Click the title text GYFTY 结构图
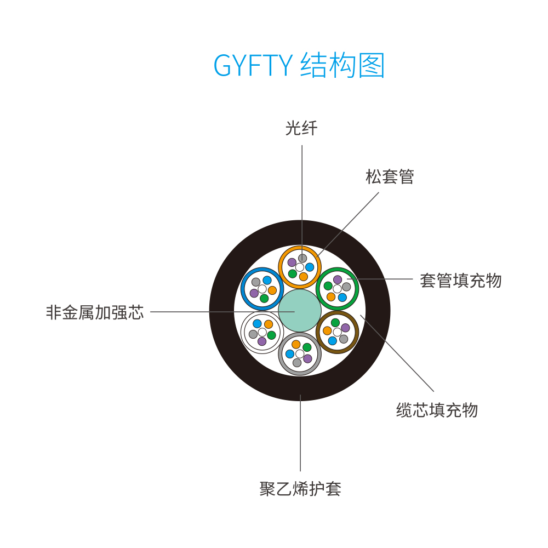coord(299,65)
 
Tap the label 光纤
coord(301,128)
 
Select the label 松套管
coord(390,176)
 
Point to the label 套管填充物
coord(461,281)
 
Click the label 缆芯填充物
coord(437,410)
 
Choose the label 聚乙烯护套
coord(300,489)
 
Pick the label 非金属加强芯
coord(95,312)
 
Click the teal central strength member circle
coord(300,311)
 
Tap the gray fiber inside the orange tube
coord(302,258)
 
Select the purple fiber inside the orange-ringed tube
coord(292,262)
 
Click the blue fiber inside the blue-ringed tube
coord(267,280)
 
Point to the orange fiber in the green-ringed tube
coord(331,297)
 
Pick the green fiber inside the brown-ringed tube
coord(335,323)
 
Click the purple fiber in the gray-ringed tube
coord(307,358)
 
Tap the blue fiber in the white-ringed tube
coord(257,323)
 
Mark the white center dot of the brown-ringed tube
coord(337,332)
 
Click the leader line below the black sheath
coord(300,433)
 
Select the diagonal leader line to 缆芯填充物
coord(397,353)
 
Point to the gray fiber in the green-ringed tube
coord(346,287)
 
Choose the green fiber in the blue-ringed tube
coord(264,299)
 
